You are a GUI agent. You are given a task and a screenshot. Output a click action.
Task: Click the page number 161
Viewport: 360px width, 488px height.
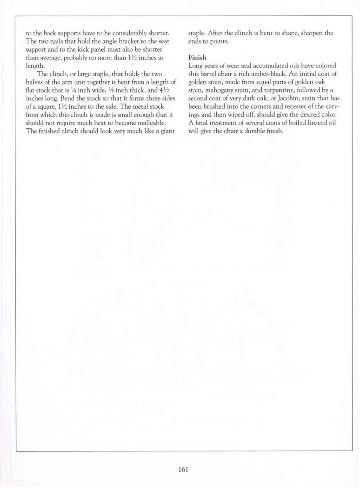[x=183, y=469]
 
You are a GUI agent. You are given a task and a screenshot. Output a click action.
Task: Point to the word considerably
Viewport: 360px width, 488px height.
[x=127, y=33]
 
